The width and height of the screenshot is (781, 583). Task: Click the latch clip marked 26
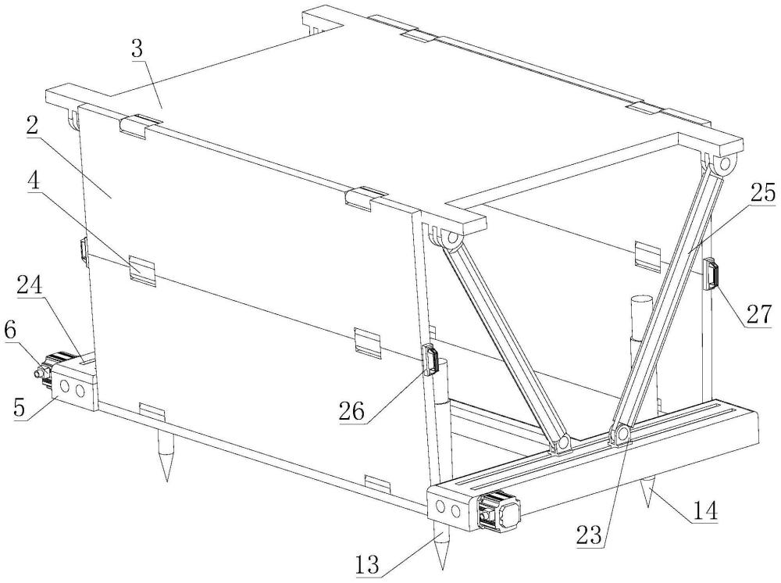tap(430, 359)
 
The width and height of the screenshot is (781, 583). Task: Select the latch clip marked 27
tap(711, 276)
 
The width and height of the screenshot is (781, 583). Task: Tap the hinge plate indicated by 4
tap(143, 267)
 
